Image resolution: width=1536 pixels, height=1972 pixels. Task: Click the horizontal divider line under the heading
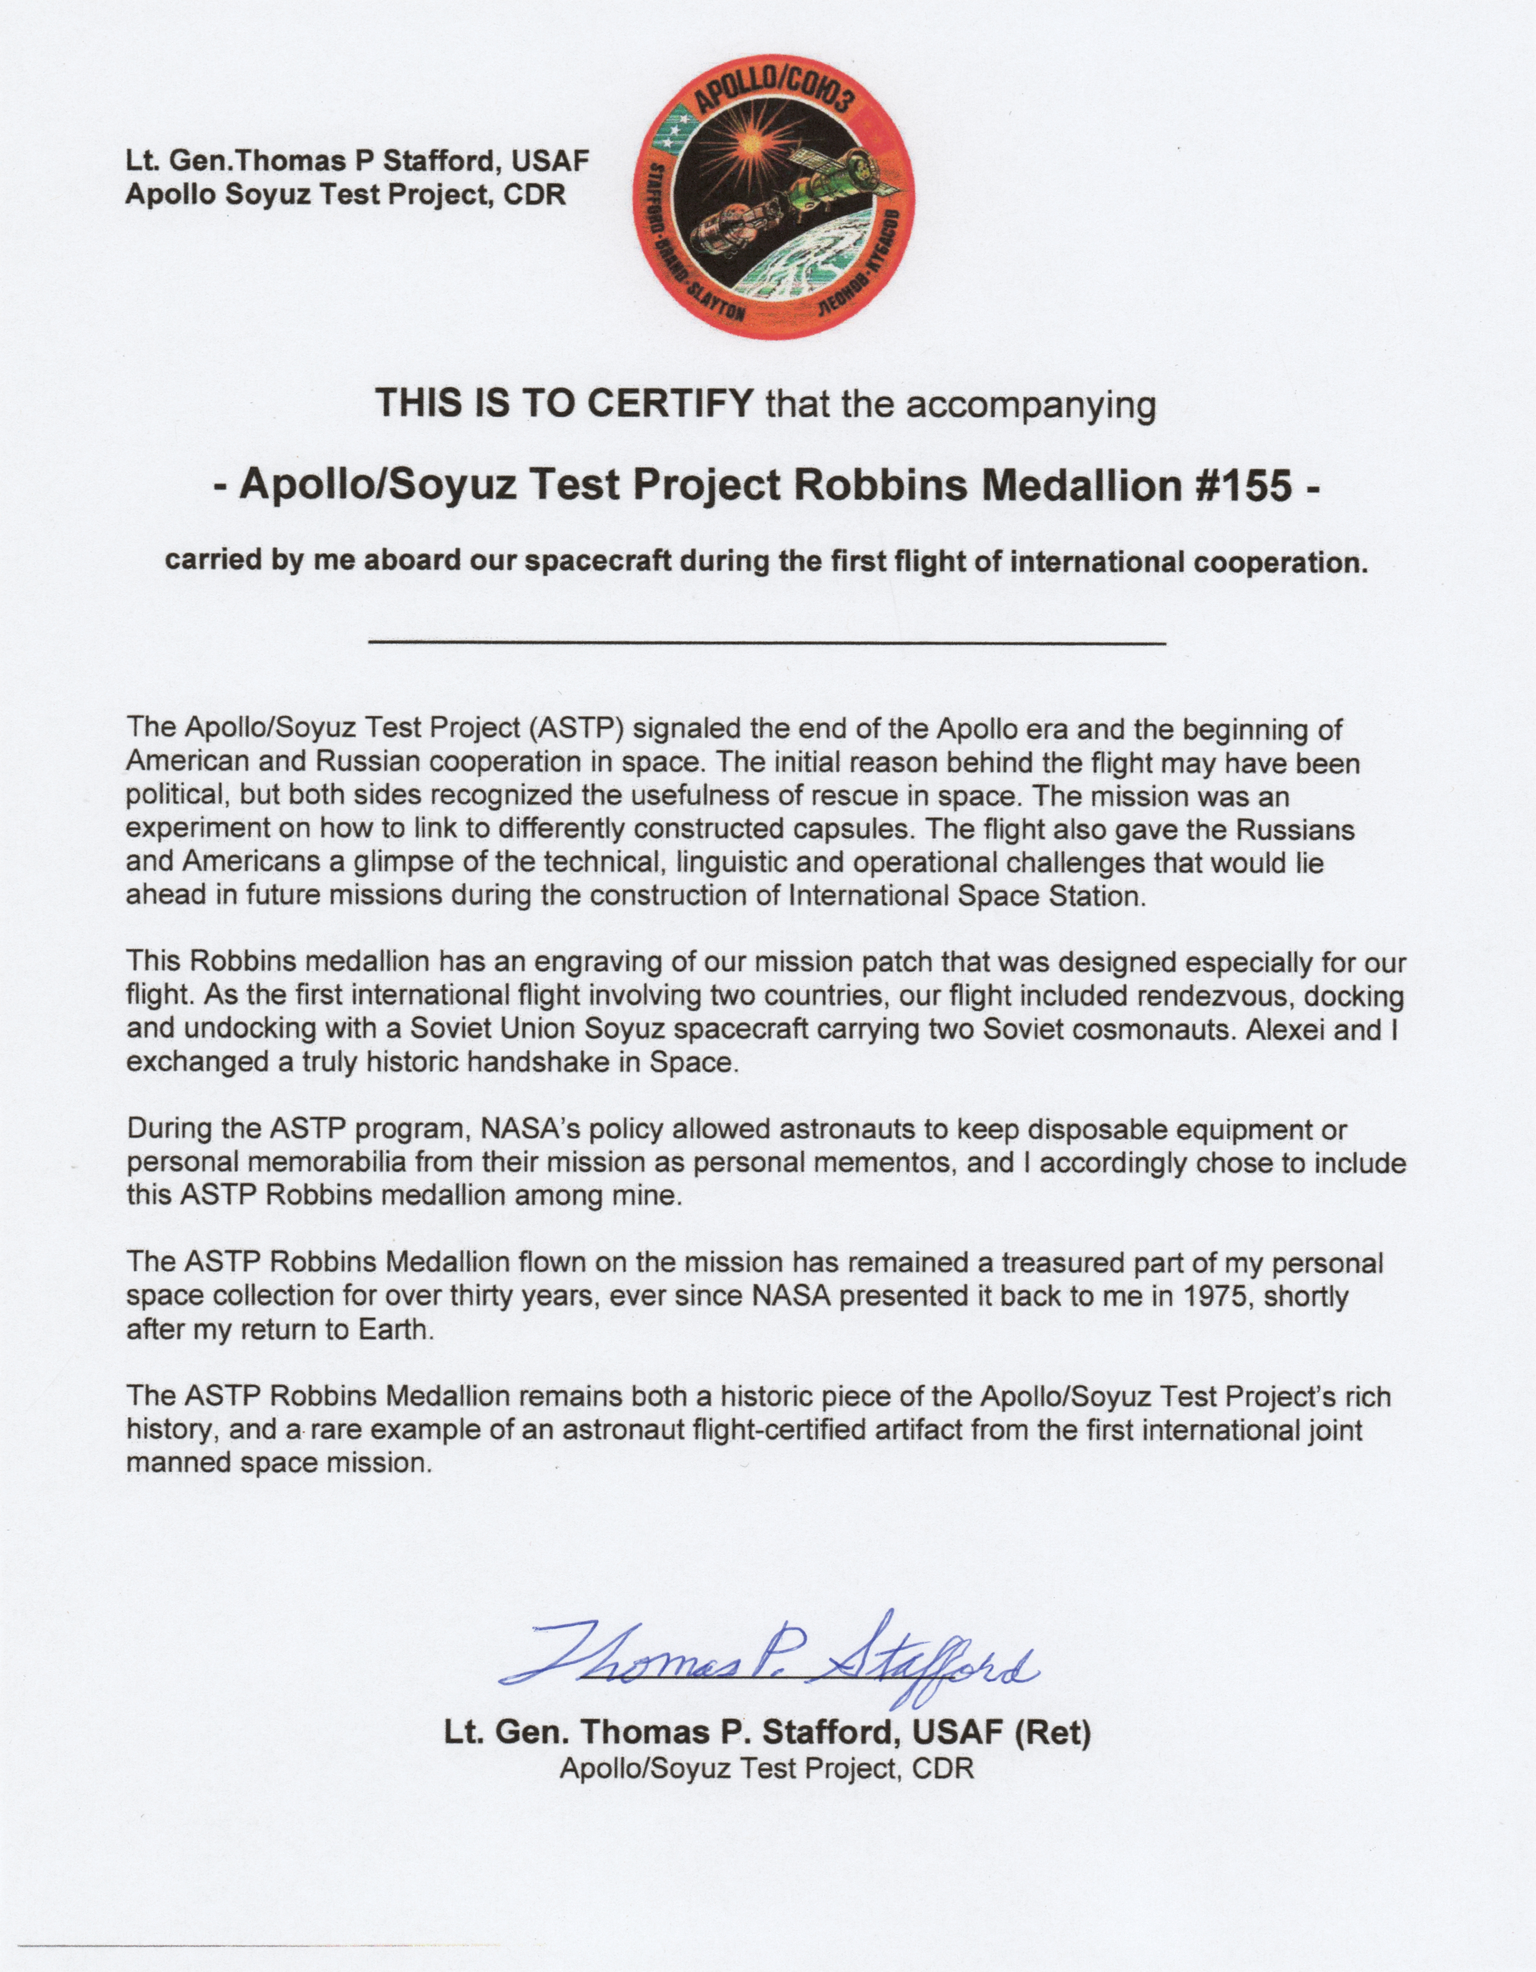click(767, 642)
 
